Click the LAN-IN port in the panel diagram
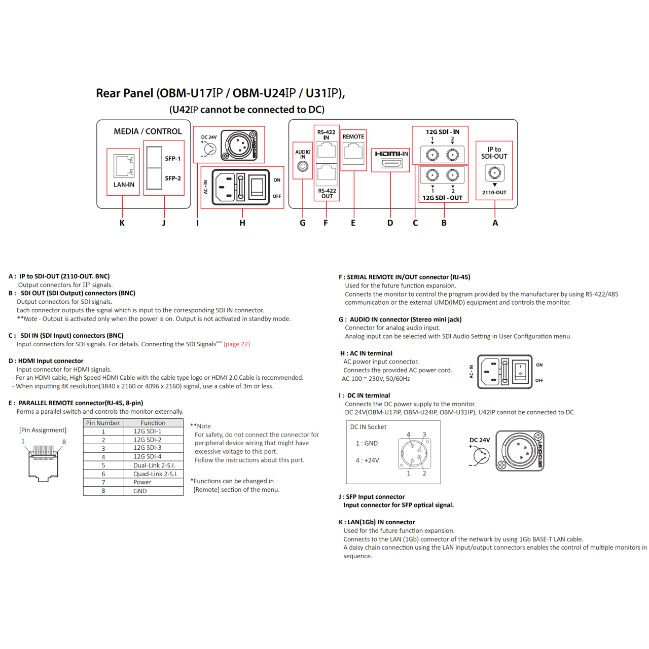pyautogui.click(x=124, y=166)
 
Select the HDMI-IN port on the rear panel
pyautogui.click(x=391, y=163)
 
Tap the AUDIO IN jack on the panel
pyautogui.click(x=303, y=166)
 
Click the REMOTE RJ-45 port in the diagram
pyautogui.click(x=353, y=153)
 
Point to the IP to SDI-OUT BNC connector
pyautogui.click(x=494, y=173)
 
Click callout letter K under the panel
pyautogui.click(x=122, y=223)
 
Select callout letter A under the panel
pyautogui.click(x=495, y=223)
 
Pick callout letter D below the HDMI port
pyautogui.click(x=390, y=223)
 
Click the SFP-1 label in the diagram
pyautogui.click(x=173, y=159)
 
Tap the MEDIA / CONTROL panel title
pyautogui.click(x=148, y=132)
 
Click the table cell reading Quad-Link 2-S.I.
pyautogui.click(x=155, y=474)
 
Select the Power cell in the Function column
pyautogui.click(x=142, y=482)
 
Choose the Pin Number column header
pyautogui.click(x=103, y=423)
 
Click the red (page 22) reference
pyautogui.click(x=237, y=344)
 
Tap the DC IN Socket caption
pyautogui.click(x=368, y=427)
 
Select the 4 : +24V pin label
pyautogui.click(x=367, y=460)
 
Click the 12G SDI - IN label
pyautogui.click(x=442, y=132)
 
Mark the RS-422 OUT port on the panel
pyautogui.click(x=327, y=174)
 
